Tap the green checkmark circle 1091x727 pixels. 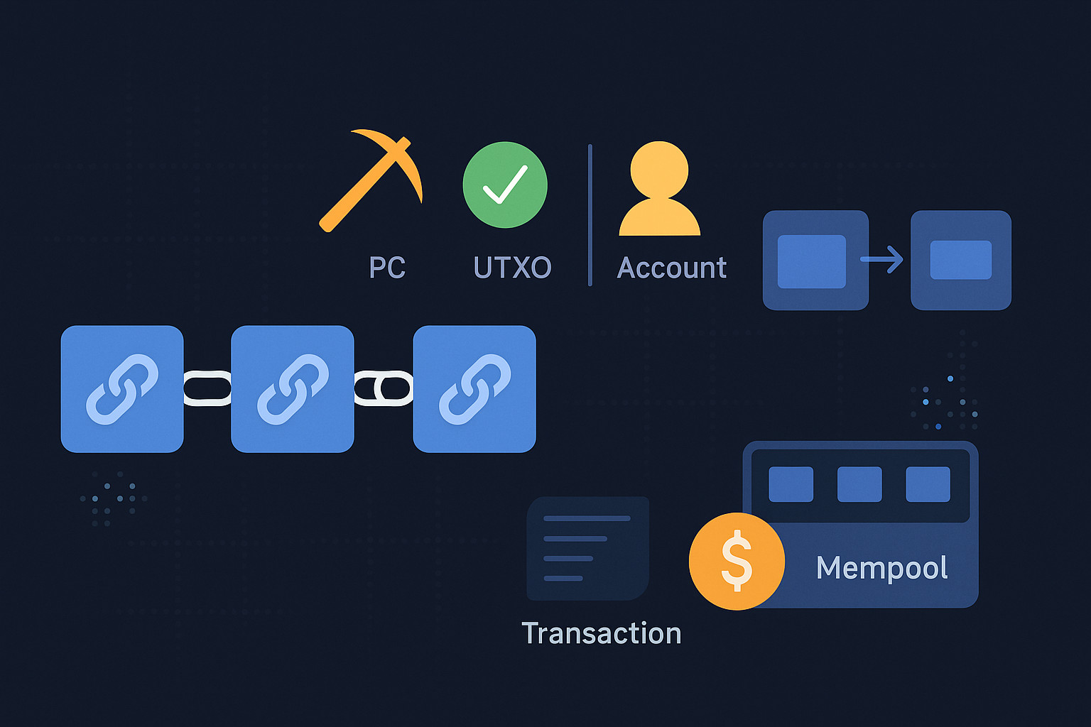(x=505, y=185)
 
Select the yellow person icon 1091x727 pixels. (x=660, y=190)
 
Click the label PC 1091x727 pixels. (x=387, y=268)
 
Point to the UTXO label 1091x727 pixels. (x=512, y=268)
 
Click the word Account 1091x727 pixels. (x=672, y=268)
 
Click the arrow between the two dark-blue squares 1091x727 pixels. (x=882, y=259)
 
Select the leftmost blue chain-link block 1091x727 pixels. (x=122, y=389)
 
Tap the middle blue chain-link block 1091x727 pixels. (x=293, y=389)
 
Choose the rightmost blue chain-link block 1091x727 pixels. (x=474, y=389)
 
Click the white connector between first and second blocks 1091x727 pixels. (x=207, y=388)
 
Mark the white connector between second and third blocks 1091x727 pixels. (x=384, y=388)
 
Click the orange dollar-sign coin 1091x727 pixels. (x=737, y=561)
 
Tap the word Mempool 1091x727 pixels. (x=881, y=568)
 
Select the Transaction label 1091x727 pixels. (x=601, y=633)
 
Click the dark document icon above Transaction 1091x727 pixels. (x=587, y=548)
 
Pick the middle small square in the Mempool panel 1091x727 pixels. (x=859, y=484)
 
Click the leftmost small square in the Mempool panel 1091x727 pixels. (x=791, y=484)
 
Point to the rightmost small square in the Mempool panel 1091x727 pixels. (x=928, y=484)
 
